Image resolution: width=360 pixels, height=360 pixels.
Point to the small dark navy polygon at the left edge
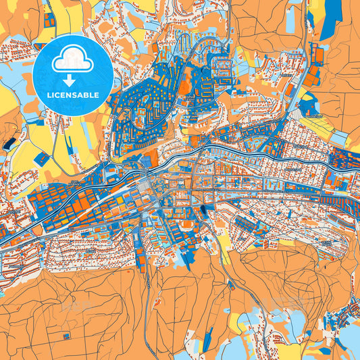click(8, 143)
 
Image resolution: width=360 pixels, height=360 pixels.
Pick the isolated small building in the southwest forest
click(66, 335)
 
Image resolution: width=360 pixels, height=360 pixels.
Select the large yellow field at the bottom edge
click(290, 351)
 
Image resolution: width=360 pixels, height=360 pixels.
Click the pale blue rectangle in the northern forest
click(292, 20)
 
